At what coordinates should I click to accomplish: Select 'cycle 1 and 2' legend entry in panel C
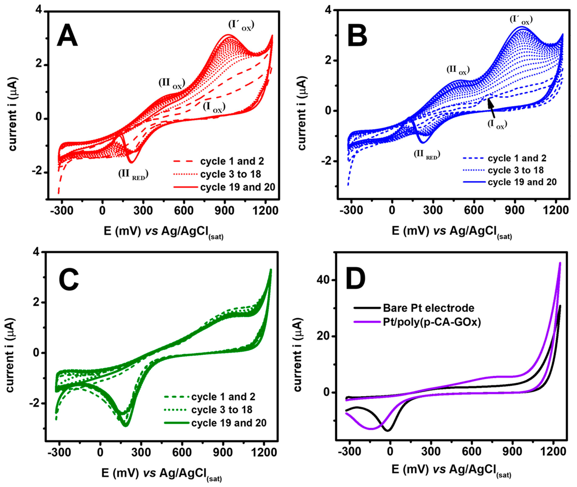click(x=223, y=397)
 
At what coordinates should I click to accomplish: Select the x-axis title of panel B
click(x=452, y=232)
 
